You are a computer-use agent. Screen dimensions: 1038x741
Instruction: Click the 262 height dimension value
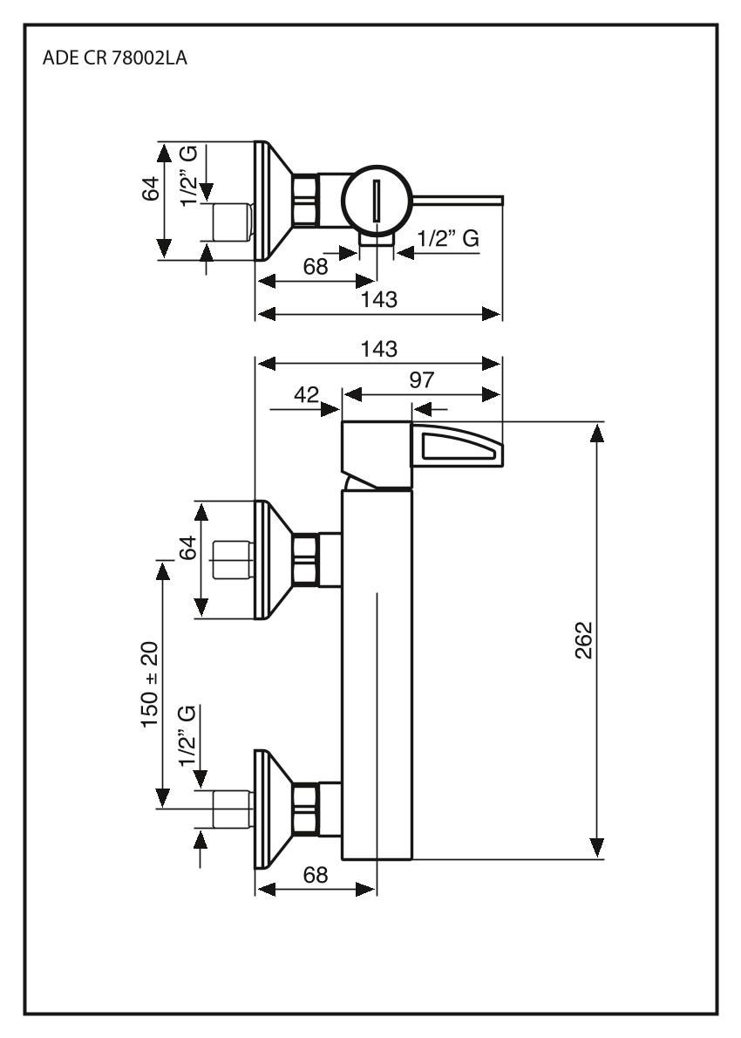pos(585,640)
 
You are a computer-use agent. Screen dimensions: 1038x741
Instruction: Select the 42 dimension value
pos(305,394)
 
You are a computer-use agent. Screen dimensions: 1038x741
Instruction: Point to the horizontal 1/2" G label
pos(448,238)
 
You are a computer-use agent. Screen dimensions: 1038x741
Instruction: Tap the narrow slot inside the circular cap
pos(377,201)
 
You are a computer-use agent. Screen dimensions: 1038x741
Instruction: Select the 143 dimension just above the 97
pos(378,348)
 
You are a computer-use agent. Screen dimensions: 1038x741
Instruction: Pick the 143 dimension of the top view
pos(378,299)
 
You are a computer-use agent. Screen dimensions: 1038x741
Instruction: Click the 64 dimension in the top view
pos(150,188)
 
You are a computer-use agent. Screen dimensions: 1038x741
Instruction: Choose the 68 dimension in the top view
pos(315,268)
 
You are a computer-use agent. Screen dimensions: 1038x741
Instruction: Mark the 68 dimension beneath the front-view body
pos(315,875)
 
